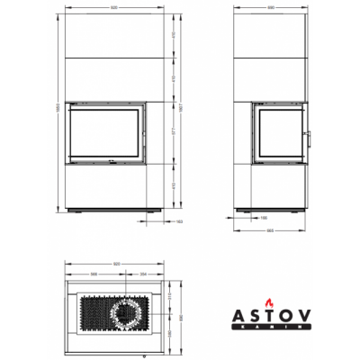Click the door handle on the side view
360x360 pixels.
311,136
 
